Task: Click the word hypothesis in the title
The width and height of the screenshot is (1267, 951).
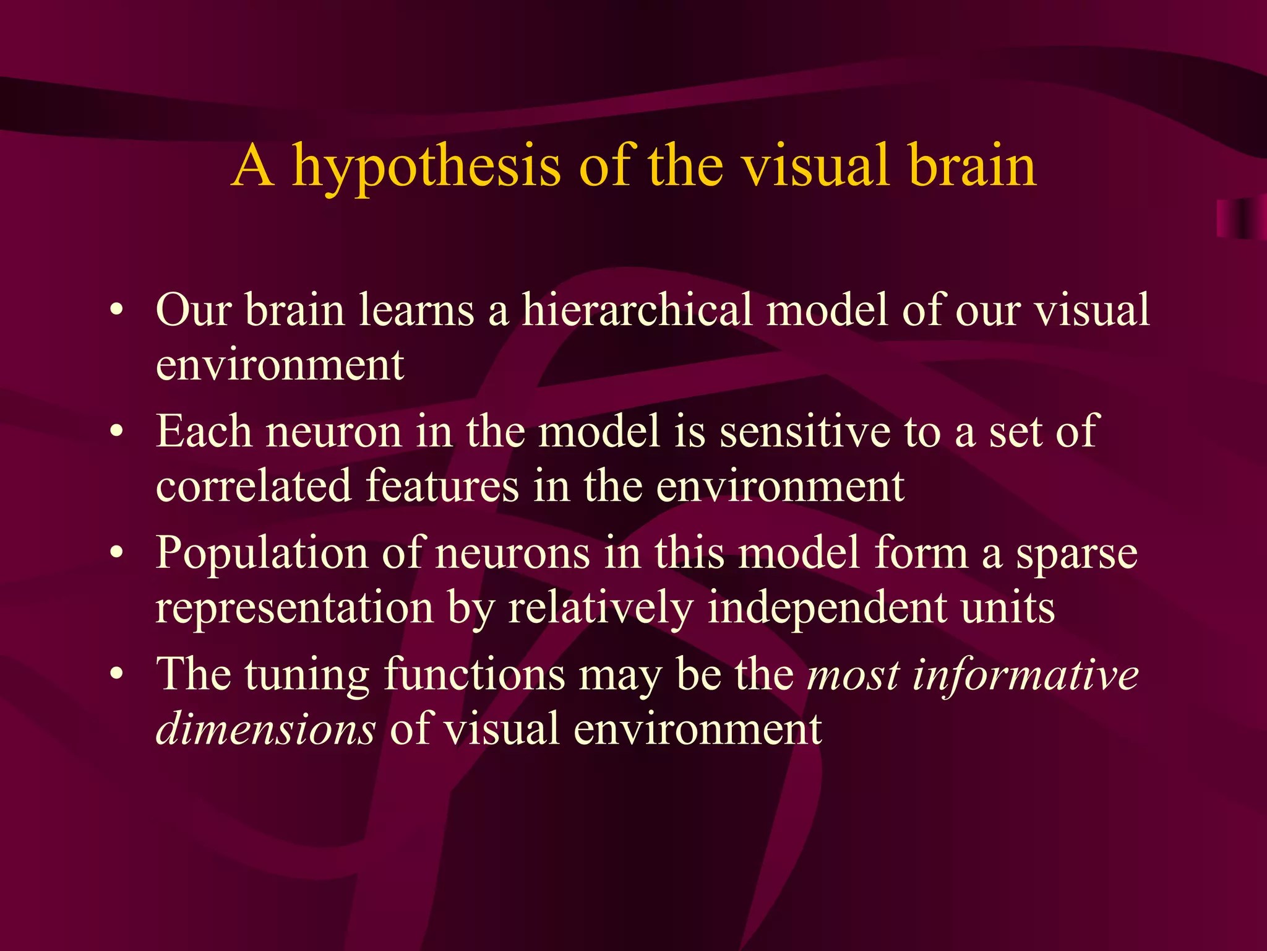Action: (x=427, y=166)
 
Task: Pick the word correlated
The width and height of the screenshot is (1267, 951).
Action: (x=253, y=485)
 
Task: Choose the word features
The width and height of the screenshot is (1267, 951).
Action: (x=442, y=485)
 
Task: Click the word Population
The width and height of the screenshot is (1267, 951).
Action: (x=260, y=553)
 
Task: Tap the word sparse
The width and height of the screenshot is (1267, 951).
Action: (x=1076, y=553)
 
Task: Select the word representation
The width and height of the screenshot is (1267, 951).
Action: (x=294, y=608)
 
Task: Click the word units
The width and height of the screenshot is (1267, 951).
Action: (x=1008, y=608)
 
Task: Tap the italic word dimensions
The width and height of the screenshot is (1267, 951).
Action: (x=265, y=728)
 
